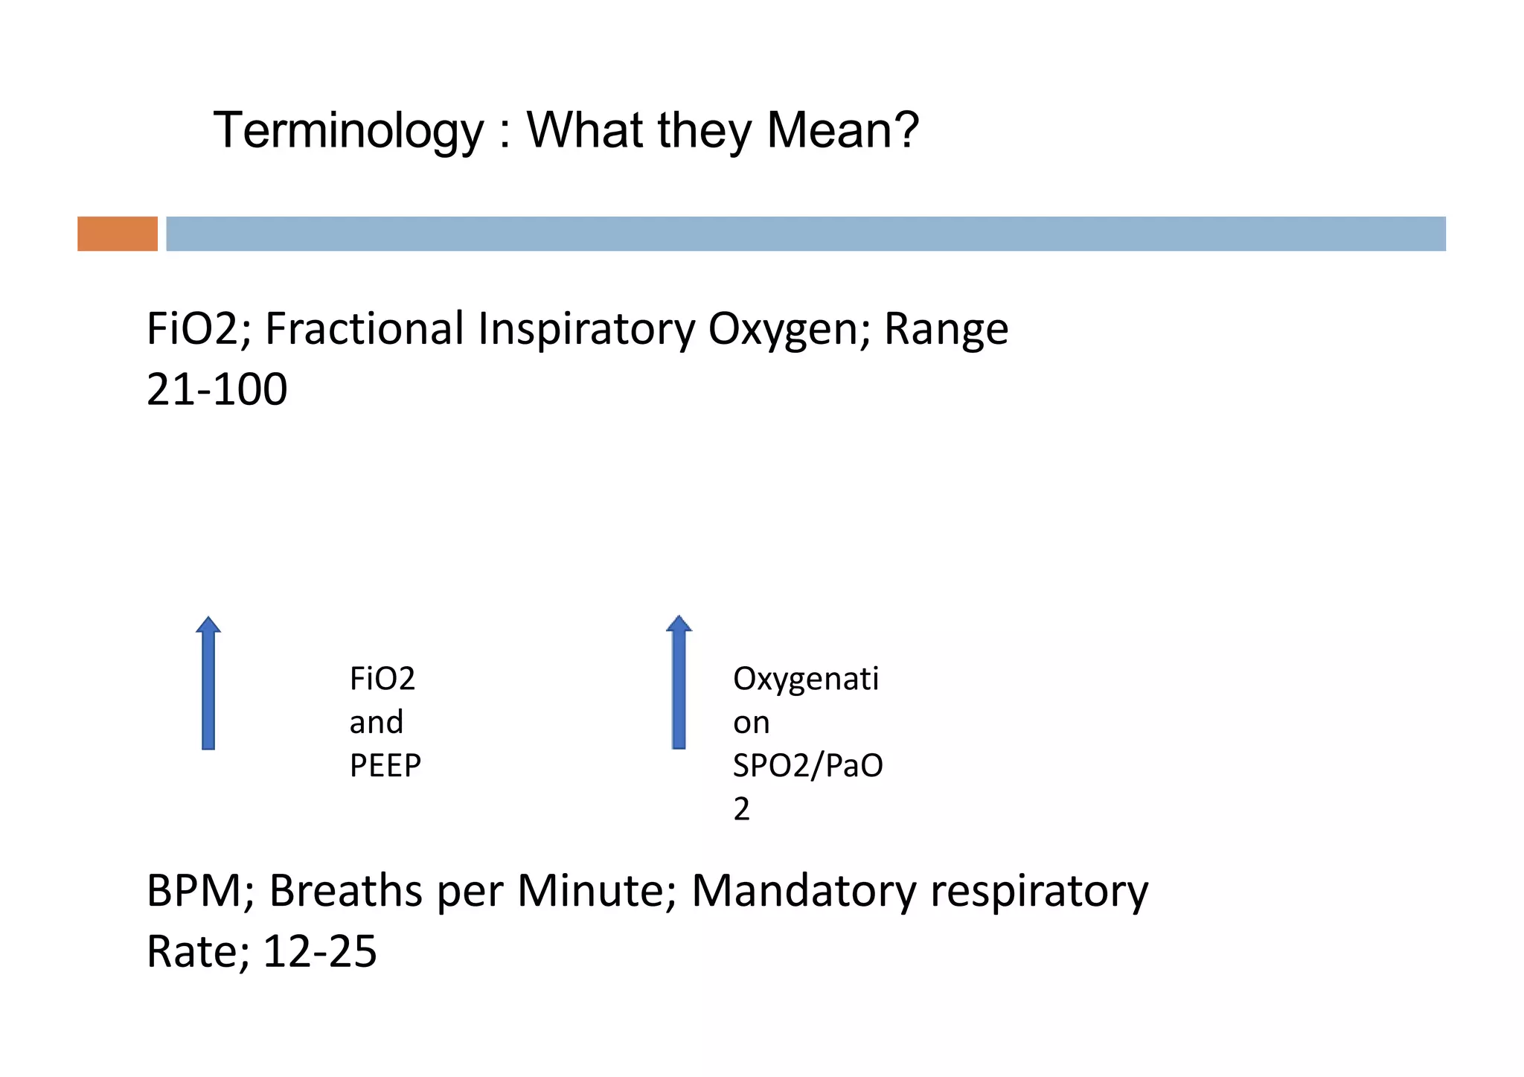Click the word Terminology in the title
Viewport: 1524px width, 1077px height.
348,131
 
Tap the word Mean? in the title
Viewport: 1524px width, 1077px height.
842,131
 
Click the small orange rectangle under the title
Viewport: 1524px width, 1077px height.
118,234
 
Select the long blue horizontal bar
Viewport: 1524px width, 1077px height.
805,234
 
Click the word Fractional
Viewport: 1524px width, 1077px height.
365,329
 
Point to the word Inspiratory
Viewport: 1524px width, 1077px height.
586,329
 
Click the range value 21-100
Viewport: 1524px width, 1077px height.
217,390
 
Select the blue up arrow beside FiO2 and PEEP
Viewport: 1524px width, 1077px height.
208,683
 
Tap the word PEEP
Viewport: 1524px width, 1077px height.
385,766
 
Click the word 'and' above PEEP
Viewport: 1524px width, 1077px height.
376,723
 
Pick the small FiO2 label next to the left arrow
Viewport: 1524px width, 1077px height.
382,679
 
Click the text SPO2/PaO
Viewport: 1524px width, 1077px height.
807,766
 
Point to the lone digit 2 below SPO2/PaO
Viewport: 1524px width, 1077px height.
741,810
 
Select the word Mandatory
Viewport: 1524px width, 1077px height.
804,891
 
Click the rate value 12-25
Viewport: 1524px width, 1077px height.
320,952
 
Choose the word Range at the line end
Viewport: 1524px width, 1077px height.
945,329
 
